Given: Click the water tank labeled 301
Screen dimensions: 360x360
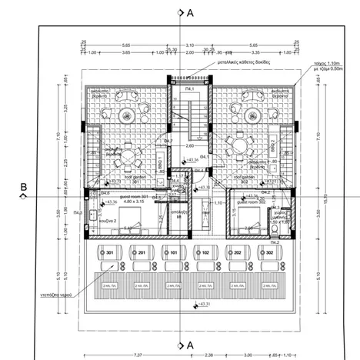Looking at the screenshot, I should click(x=109, y=252).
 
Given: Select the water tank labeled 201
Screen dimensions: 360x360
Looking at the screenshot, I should click(x=141, y=252).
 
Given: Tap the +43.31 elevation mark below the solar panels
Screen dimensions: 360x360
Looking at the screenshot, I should click(x=205, y=305).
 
